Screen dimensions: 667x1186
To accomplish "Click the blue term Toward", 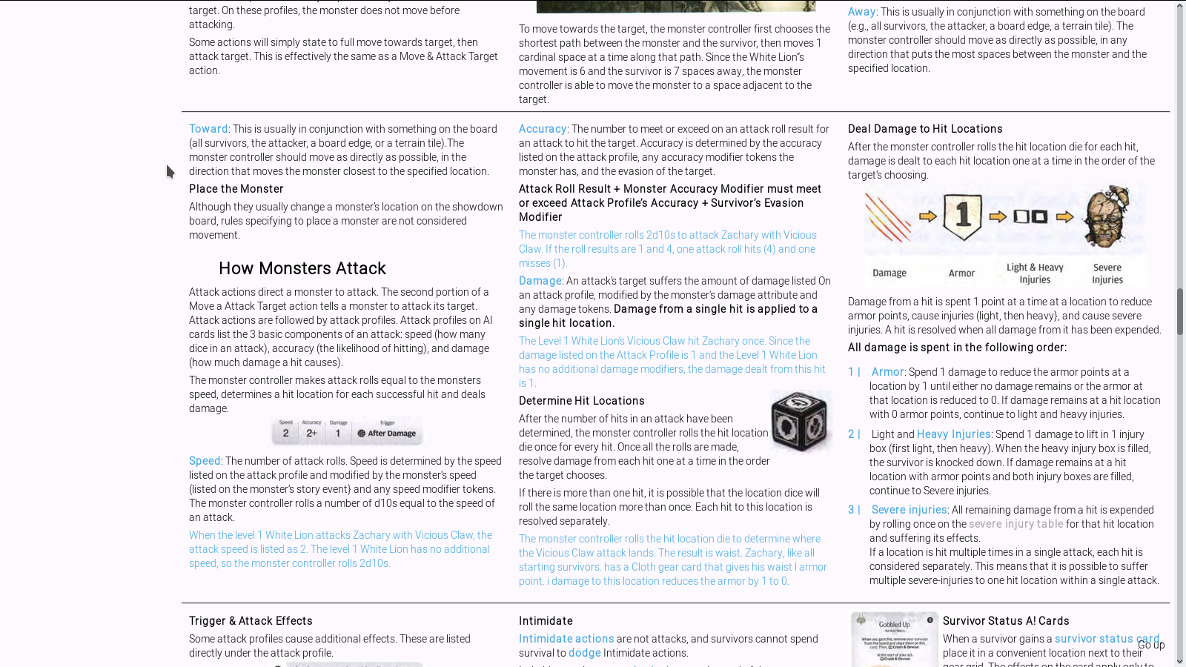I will point(208,129).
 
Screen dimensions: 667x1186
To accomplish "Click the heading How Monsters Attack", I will point(302,268).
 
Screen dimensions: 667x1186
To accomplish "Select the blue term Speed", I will point(204,461).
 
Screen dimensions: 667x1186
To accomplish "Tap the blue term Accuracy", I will point(542,129).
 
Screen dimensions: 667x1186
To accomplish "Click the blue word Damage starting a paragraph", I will point(540,281).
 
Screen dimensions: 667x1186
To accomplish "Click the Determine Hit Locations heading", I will point(581,401).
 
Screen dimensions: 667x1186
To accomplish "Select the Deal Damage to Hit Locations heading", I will point(924,129).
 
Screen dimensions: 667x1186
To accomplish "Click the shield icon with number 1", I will point(962,216).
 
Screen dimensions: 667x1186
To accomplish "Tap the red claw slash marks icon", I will point(887,217).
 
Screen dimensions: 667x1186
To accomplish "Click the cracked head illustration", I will point(1107,216).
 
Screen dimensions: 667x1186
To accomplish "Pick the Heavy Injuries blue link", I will point(953,434).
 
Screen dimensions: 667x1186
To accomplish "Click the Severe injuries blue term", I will point(909,510).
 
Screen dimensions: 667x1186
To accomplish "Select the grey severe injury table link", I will point(1016,524).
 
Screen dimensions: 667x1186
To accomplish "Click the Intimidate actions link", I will point(566,639).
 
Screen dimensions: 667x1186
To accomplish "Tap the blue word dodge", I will point(584,653).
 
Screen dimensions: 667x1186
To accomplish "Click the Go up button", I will point(1150,645).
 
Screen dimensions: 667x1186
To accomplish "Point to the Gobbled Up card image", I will point(894,639).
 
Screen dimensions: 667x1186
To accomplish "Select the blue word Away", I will point(861,12).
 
